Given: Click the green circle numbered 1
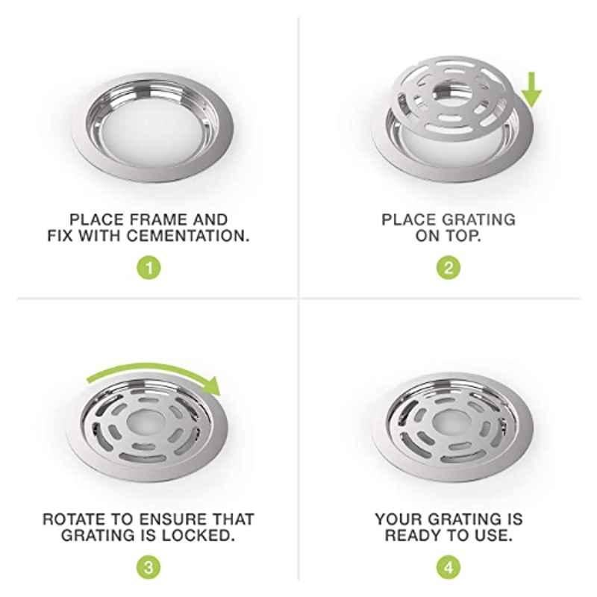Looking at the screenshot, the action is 149,268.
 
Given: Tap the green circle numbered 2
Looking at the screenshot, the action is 448,268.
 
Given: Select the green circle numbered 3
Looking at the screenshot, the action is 149,567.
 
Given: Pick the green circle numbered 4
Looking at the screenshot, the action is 448,567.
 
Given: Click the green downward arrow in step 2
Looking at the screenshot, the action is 531,90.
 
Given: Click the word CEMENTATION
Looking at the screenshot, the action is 188,236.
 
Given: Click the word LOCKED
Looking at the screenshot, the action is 198,536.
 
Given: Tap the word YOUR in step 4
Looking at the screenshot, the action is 398,519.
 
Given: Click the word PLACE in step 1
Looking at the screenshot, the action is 97,219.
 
